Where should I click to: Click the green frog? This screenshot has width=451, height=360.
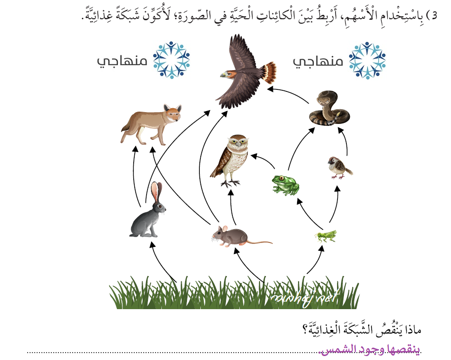pos(286,184)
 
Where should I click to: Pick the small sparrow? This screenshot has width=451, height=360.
pos(339,166)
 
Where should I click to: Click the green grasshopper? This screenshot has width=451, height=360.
pos(326,236)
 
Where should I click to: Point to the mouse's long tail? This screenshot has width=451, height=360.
pos(259,242)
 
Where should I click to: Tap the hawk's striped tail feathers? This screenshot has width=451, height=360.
pos(269,72)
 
